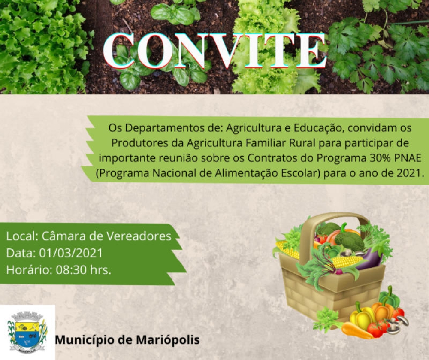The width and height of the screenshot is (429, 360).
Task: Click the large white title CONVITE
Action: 215,51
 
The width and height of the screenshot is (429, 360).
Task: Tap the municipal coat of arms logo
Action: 27,332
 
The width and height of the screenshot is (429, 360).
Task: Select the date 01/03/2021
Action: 71,253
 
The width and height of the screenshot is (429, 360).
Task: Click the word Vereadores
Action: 139,236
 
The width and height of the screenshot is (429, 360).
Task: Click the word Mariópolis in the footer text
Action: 168,340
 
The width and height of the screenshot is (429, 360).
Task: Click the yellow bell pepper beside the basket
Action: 362,317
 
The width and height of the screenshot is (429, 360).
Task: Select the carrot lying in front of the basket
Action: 355,330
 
